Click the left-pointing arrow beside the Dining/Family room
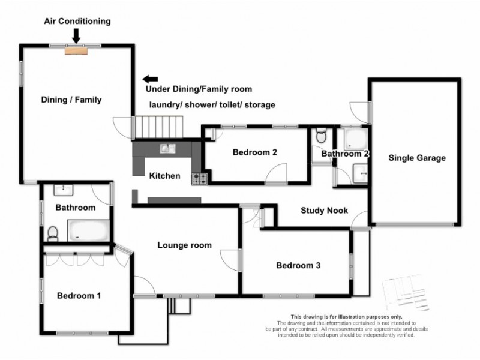click(x=150, y=79)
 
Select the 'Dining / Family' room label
click(x=71, y=100)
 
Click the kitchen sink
click(x=166, y=148)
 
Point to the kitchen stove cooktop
click(x=199, y=178)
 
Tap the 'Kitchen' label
click(x=164, y=176)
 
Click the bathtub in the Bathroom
click(x=88, y=230)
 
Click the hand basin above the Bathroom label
click(x=63, y=190)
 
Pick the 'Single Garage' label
click(x=417, y=158)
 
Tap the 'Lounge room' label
click(x=184, y=245)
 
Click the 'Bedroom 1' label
click(x=79, y=295)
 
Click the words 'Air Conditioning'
click(x=77, y=21)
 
